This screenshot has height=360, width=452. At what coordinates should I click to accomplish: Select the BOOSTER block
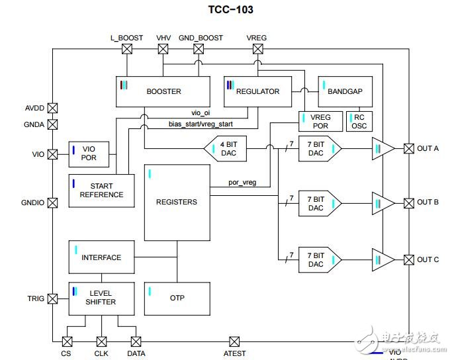pos(163,91)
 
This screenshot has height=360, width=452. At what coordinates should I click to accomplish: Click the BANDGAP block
pos(345,91)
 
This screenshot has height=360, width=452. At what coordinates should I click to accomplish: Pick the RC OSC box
pos(359,122)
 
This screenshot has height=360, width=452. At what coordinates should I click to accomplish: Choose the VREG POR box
pos(320,122)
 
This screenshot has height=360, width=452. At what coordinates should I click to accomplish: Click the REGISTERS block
pos(176,201)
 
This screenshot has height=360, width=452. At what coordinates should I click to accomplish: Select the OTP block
pos(176,298)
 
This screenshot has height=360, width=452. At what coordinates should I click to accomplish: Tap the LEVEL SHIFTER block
pos(101,298)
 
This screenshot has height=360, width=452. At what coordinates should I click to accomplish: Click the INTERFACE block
pos(101,257)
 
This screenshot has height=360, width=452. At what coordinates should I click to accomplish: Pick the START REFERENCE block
pos(101,191)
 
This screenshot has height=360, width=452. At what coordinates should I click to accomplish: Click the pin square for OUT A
pos(408,148)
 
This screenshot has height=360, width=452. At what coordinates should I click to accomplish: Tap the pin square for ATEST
pos(234,341)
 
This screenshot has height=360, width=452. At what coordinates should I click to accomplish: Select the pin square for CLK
pos(102,341)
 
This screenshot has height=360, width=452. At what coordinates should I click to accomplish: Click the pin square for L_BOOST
pos(126,49)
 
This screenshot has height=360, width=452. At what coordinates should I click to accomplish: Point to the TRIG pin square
pos(53,298)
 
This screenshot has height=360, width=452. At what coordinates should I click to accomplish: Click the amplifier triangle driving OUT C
pos(382,259)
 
